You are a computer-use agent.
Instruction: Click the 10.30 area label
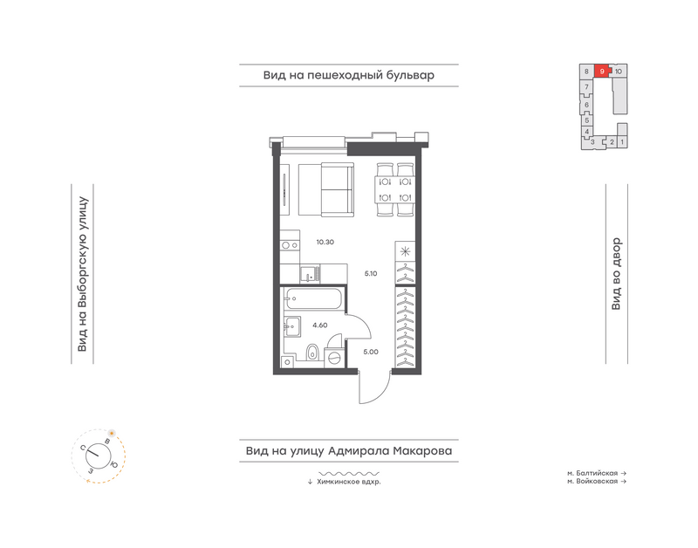tap(325, 243)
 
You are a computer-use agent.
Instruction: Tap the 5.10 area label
tap(370, 274)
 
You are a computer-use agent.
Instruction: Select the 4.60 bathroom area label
tap(319, 325)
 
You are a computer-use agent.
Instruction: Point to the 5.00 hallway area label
tap(371, 352)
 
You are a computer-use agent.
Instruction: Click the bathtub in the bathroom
tap(314, 298)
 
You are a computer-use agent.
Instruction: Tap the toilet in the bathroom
tap(312, 352)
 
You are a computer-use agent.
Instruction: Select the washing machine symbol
tap(335, 357)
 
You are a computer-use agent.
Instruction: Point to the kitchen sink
tap(310, 274)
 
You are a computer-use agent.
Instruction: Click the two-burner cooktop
tap(290, 245)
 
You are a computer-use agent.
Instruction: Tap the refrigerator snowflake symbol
tap(405, 251)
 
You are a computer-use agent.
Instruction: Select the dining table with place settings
tap(395, 189)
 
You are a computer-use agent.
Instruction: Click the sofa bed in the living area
tap(325, 189)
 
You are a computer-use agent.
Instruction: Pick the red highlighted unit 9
tap(602, 72)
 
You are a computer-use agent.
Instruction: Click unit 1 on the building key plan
tap(622, 142)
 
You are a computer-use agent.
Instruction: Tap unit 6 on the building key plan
tap(586, 105)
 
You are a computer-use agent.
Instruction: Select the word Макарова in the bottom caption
tap(422, 451)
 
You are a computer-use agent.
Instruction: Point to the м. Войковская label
tap(592, 481)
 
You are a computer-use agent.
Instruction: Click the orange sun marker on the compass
tap(112, 433)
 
